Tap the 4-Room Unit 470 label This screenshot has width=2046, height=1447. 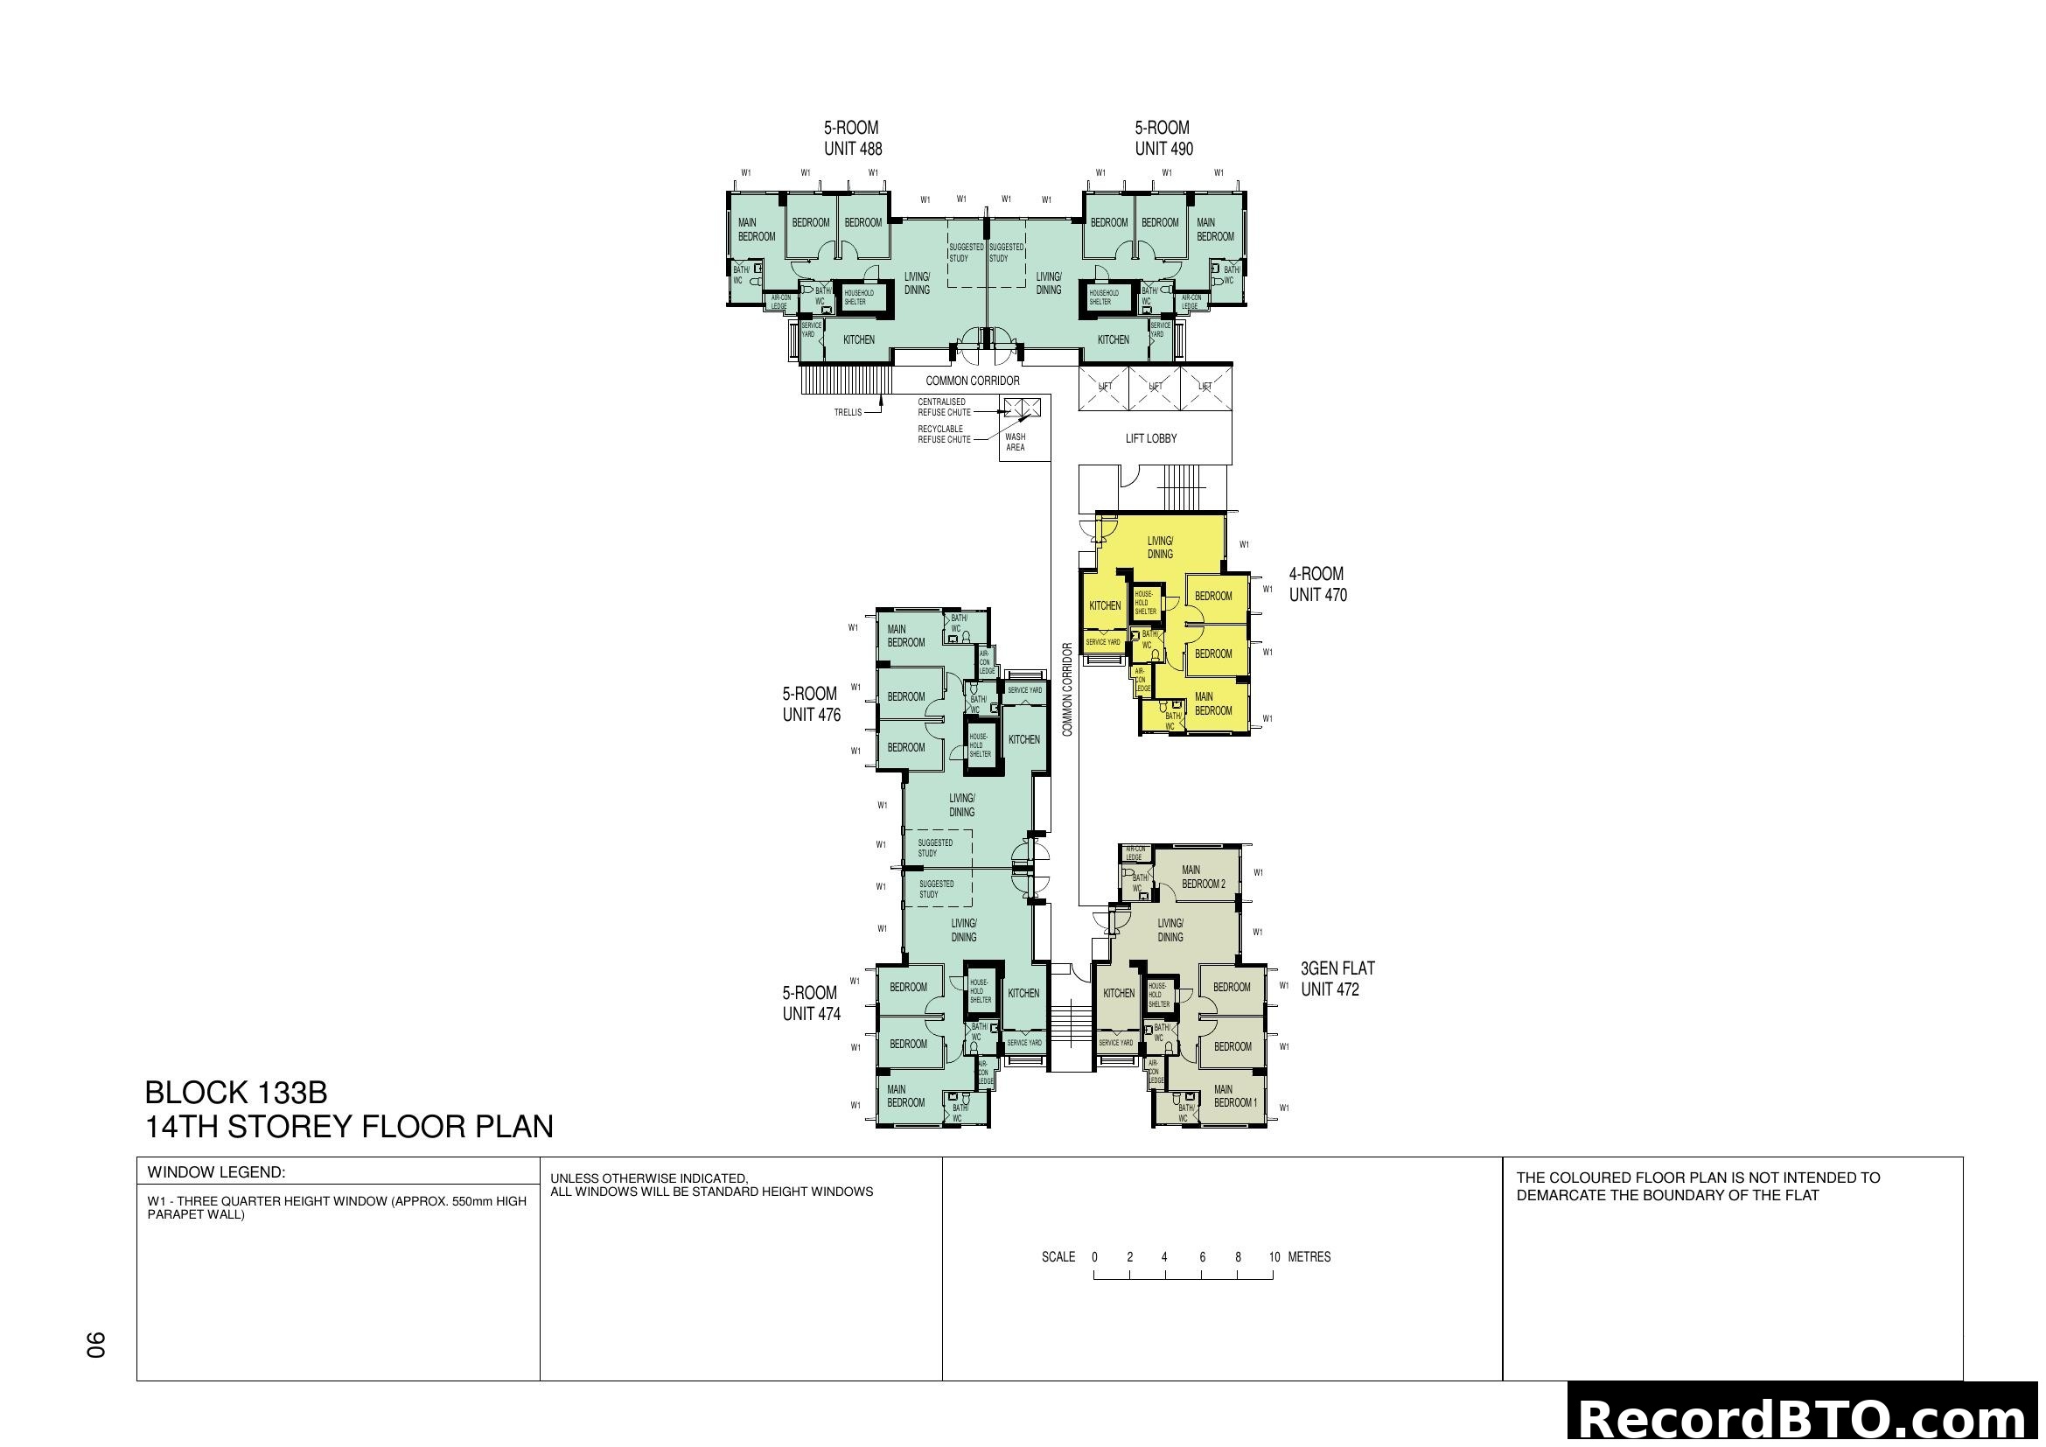pos(1317,584)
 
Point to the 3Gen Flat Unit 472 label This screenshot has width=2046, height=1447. pos(1337,978)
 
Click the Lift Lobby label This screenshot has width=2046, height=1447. pos(1150,438)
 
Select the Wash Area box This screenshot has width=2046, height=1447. pos(1015,442)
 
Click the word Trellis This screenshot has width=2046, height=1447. pos(848,413)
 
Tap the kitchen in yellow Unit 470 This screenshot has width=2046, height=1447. pos(1105,606)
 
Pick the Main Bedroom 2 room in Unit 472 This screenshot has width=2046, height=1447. pos(1203,877)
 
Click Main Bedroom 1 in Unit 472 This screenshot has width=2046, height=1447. pos(1235,1096)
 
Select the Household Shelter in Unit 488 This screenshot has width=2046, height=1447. pos(859,297)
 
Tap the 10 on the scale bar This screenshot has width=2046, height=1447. pos(1274,1257)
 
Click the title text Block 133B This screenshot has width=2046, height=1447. pos(236,1093)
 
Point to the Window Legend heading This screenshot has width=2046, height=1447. pos(216,1172)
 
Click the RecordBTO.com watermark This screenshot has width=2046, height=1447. pos(1805,1418)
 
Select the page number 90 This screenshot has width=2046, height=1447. pos(95,1345)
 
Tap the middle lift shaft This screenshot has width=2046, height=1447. pos(1155,387)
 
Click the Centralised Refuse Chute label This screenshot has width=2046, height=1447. pos(944,407)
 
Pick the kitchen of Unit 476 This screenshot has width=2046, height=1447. pos(1024,739)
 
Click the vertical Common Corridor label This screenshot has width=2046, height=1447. pos(1066,689)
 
